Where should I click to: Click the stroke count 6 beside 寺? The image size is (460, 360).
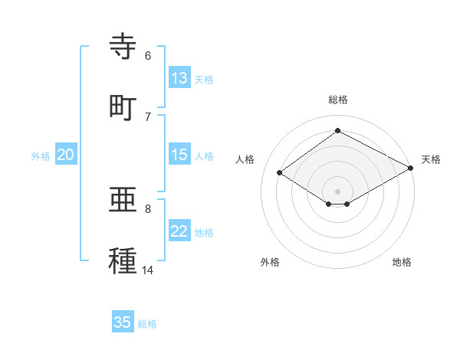click(148, 55)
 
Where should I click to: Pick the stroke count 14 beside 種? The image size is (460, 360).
click(148, 270)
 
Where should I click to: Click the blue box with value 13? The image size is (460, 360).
click(179, 78)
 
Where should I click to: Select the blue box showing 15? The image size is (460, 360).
click(179, 155)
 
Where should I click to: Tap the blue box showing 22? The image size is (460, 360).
click(179, 231)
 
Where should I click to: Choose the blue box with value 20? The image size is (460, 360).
click(66, 155)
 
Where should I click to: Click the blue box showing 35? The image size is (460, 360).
click(123, 322)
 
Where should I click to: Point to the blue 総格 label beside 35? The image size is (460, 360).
click(147, 324)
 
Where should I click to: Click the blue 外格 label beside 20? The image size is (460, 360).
click(41, 156)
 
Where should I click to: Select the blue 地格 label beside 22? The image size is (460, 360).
click(204, 233)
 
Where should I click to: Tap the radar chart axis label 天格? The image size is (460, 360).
click(431, 159)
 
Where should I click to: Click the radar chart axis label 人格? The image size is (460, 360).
click(245, 159)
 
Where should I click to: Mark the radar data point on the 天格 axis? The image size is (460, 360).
click(412, 168)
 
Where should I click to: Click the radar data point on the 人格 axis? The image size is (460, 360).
click(280, 173)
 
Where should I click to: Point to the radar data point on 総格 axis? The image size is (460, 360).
click(337, 130)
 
